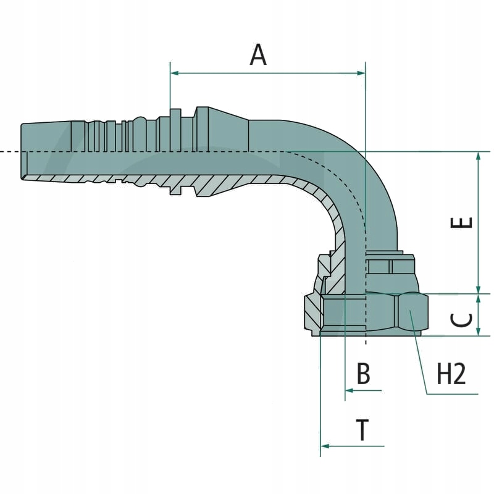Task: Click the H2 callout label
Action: click(x=451, y=374)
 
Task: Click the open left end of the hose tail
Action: click(x=23, y=151)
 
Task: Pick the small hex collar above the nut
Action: click(x=389, y=266)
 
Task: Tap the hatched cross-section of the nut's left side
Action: click(x=313, y=315)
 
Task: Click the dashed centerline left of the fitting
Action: click(x=9, y=151)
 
